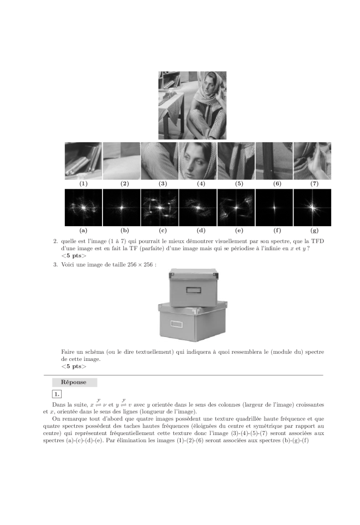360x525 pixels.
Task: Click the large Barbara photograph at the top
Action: pyautogui.click(x=192, y=105)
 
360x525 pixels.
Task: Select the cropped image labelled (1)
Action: pyautogui.click(x=83, y=161)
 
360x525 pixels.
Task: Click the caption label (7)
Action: pyautogui.click(x=314, y=184)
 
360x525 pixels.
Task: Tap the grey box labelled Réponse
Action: pyautogui.click(x=74, y=382)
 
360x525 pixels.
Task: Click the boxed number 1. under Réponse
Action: pyautogui.click(x=57, y=394)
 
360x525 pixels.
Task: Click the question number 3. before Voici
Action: pyautogui.click(x=56, y=264)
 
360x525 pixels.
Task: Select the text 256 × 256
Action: pyautogui.click(x=142, y=264)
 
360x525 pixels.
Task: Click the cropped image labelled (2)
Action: pyautogui.click(x=121, y=161)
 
